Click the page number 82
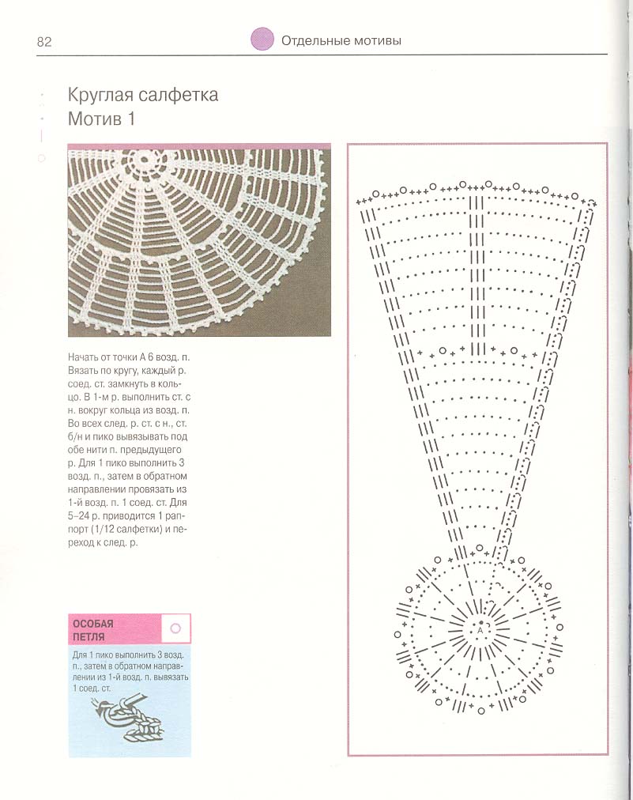pyautogui.click(x=43, y=42)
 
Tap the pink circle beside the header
pyautogui.click(x=262, y=40)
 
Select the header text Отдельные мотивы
pyautogui.click(x=341, y=40)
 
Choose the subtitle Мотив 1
pyautogui.click(x=102, y=120)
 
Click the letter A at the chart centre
pyautogui.click(x=479, y=632)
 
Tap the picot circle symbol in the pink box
pyautogui.click(x=175, y=628)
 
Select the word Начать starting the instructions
pyautogui.click(x=85, y=358)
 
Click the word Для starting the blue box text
pyautogui.click(x=80, y=655)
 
